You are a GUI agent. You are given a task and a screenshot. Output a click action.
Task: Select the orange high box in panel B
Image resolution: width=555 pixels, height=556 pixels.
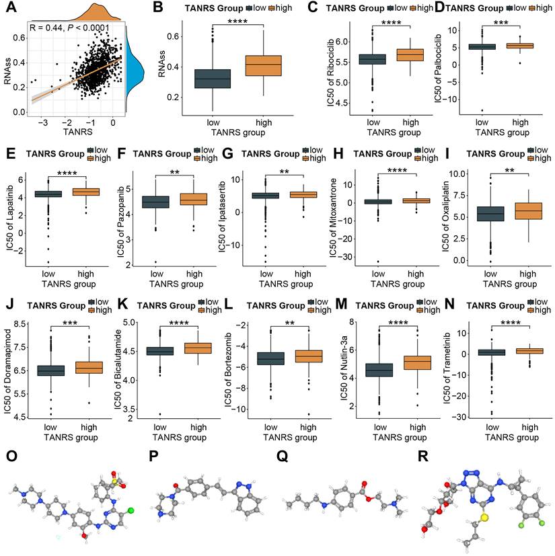tap(262, 65)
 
